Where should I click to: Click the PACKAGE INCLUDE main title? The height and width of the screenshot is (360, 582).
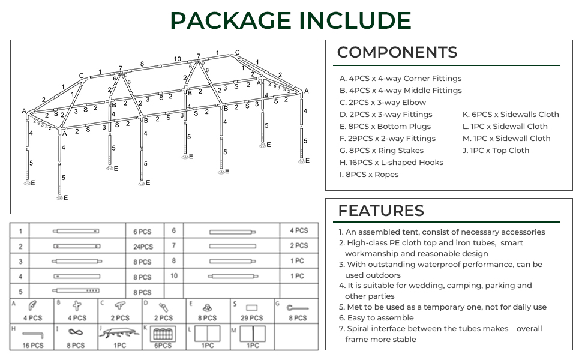[x=291, y=20]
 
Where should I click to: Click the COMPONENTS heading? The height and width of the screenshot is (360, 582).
[x=397, y=52]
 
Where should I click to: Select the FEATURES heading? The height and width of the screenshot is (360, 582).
[x=381, y=211]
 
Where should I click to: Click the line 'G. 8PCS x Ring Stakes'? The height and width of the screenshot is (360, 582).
[x=381, y=151]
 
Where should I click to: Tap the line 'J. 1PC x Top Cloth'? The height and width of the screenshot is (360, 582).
[x=496, y=151]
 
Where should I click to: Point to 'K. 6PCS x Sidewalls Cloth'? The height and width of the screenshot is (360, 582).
[x=511, y=115]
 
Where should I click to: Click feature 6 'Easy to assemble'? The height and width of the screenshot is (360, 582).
[x=376, y=318]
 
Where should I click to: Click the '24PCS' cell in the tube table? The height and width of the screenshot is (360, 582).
[x=143, y=247]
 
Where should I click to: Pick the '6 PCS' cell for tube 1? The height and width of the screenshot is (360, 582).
[x=142, y=232]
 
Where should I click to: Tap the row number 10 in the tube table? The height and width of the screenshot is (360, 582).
[x=174, y=276]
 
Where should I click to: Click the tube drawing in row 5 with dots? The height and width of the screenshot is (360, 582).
[x=76, y=291]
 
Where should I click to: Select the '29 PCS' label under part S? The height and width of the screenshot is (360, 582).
[x=252, y=318]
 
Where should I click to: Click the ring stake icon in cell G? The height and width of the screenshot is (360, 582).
[x=293, y=307]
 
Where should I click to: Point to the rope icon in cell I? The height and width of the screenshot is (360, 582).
[x=76, y=332]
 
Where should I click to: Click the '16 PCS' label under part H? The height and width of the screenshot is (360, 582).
[x=32, y=345]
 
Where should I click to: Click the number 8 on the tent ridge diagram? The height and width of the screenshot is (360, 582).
[x=142, y=64]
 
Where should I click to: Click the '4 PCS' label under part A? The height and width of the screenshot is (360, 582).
[x=32, y=318]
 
